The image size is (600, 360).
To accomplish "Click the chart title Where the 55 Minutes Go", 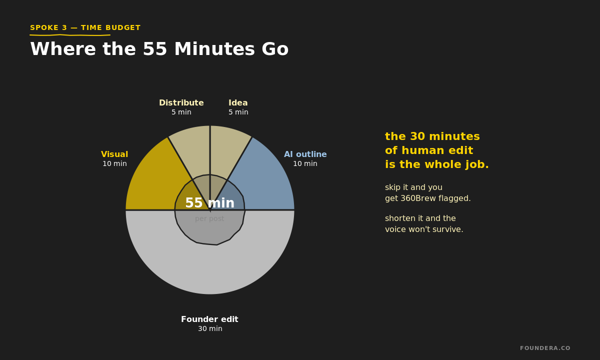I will pyautogui.click(x=159, y=49).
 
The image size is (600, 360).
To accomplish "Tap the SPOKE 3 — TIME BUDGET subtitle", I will pyautogui.click(x=85, y=28).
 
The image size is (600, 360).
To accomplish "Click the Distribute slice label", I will pyautogui.click(x=181, y=103).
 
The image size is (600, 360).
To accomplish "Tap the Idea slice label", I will pyautogui.click(x=238, y=103).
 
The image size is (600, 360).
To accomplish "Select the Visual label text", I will pyautogui.click(x=114, y=154).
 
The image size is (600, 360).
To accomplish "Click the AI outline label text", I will pyautogui.click(x=305, y=154).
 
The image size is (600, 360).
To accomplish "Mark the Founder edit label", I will pyautogui.click(x=209, y=319).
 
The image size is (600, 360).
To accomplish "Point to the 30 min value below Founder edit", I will pyautogui.click(x=210, y=329).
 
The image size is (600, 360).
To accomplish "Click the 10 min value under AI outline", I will pyautogui.click(x=305, y=164).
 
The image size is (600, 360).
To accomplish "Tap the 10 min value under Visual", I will pyautogui.click(x=114, y=164).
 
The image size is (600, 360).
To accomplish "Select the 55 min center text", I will pyautogui.click(x=209, y=203).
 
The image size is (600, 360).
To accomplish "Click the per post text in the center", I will pyautogui.click(x=209, y=218).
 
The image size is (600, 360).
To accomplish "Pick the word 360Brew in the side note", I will pyautogui.click(x=418, y=198).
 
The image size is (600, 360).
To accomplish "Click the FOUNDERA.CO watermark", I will pyautogui.click(x=544, y=348).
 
